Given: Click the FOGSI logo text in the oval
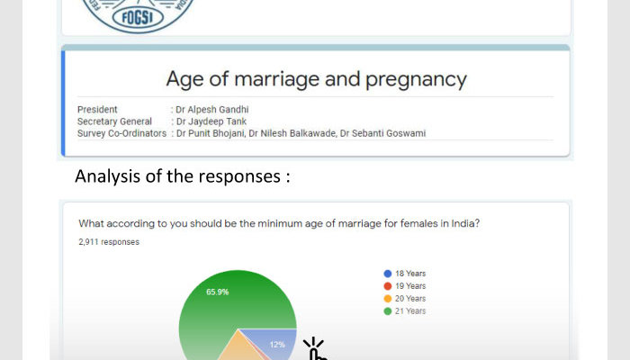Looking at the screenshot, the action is pyautogui.click(x=138, y=18).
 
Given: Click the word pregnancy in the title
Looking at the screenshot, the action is pyautogui.click(x=416, y=79).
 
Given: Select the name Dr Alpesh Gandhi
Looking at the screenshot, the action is pyautogui.click(x=212, y=109).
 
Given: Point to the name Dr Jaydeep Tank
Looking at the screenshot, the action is pyautogui.click(x=211, y=121).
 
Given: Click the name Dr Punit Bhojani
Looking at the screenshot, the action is pyautogui.click(x=211, y=133).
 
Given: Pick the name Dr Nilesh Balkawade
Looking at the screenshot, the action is pyautogui.click(x=292, y=133).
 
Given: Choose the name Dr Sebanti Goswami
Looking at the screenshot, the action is pyautogui.click(x=382, y=133).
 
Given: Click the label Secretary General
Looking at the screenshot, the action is pyautogui.click(x=114, y=121).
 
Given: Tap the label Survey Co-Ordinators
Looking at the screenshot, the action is pyautogui.click(x=121, y=133).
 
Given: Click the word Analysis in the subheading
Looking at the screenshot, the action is pyautogui.click(x=107, y=176).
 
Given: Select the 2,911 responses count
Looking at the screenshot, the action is pyautogui.click(x=109, y=242).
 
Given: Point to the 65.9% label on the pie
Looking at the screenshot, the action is pyautogui.click(x=218, y=292).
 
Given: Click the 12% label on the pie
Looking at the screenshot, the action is pyautogui.click(x=277, y=345).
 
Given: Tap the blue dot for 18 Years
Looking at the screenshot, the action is pyautogui.click(x=388, y=274).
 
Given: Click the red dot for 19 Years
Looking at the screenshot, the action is pyautogui.click(x=388, y=286).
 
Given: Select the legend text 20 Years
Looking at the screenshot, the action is pyautogui.click(x=410, y=299).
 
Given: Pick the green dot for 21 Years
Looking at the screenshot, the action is pyautogui.click(x=388, y=311).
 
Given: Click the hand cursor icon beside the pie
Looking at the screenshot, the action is pyautogui.click(x=316, y=349).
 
